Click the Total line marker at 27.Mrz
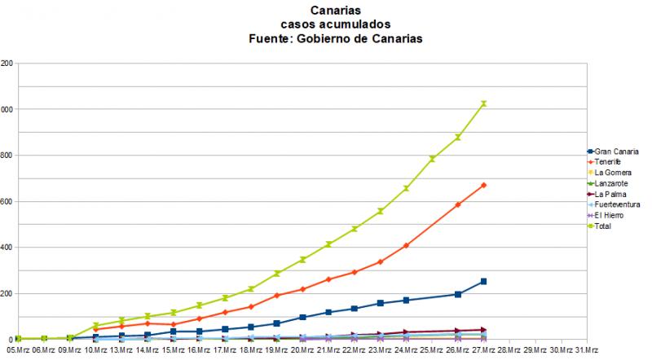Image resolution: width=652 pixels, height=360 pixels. pyautogui.click(x=484, y=103)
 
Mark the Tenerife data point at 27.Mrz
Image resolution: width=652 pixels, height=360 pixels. pyautogui.click(x=484, y=186)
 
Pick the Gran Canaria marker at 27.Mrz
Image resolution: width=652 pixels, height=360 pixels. pyautogui.click(x=484, y=282)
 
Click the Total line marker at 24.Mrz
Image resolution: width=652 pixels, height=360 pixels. pyautogui.click(x=406, y=188)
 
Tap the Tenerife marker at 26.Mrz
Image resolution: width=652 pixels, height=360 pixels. pyautogui.click(x=458, y=204)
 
